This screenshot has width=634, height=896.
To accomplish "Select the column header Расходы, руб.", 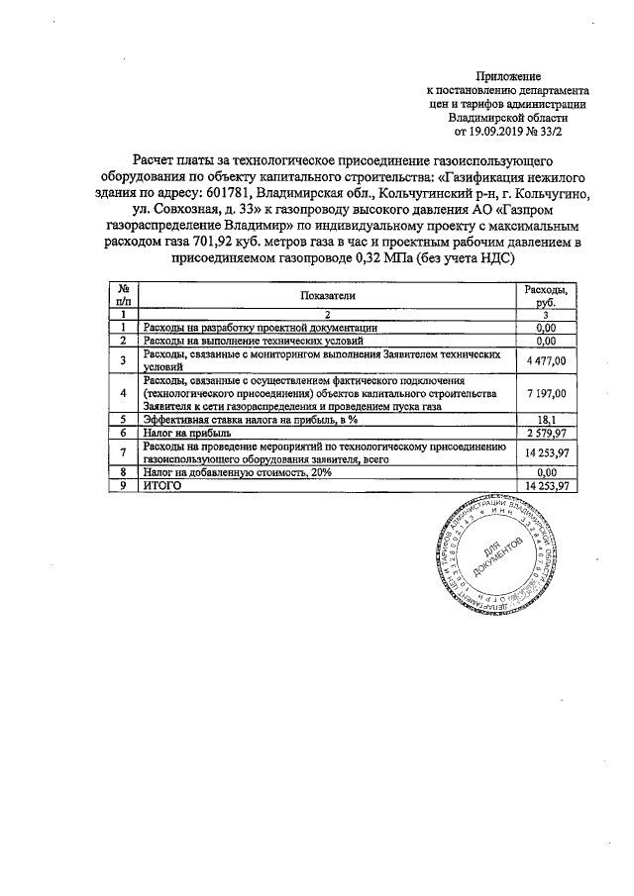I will click(x=546, y=295).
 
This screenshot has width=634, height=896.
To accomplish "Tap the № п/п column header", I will click(x=123, y=295).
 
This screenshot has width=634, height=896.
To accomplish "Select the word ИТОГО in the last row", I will click(x=164, y=486).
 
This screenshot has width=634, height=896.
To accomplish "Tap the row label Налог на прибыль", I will click(x=187, y=433).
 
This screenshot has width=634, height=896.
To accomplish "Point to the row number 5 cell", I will click(x=123, y=420).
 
